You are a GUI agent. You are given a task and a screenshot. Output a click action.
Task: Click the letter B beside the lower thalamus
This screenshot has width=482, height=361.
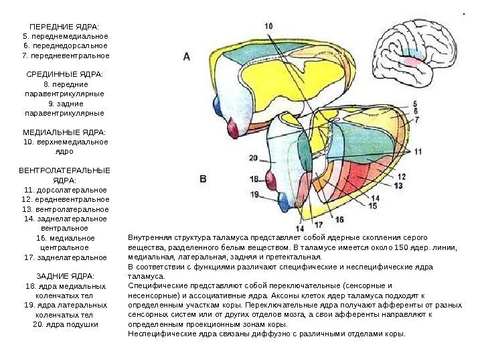pyautogui.click(x=204, y=178)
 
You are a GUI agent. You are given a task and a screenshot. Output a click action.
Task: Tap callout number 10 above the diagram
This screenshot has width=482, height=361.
pyautogui.click(x=268, y=25)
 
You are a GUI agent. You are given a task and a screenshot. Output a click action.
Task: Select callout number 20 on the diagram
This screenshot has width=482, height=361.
pyautogui.click(x=253, y=158)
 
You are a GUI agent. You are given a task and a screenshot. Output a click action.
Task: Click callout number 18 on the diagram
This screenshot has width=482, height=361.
pyautogui.click(x=254, y=179)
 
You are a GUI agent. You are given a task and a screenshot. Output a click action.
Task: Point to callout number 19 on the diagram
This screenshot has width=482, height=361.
pyautogui.click(x=254, y=194)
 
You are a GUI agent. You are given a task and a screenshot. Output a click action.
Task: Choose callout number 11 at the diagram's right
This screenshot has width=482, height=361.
pyautogui.click(x=417, y=152)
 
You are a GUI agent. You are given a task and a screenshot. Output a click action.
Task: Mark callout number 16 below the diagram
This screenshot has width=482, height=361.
pyautogui.click(x=339, y=219)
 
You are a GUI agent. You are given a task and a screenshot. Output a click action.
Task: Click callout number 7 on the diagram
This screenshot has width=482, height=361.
pyautogui.click(x=416, y=120)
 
